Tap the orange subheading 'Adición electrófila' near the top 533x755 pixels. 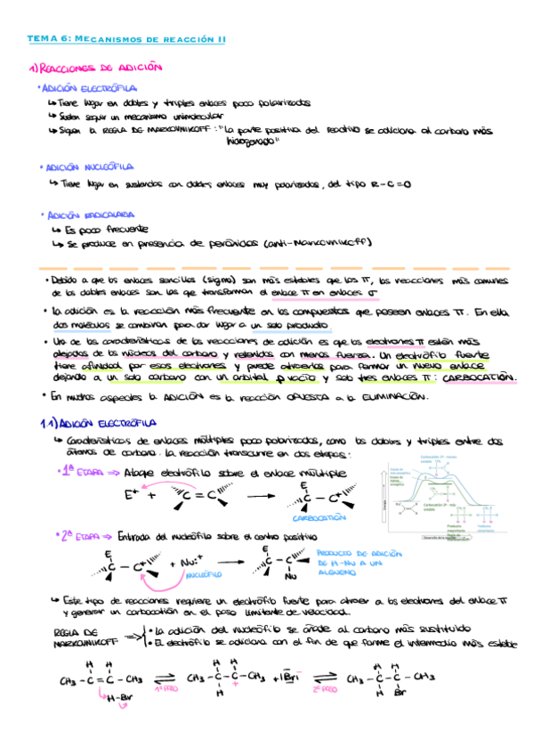(x=88, y=89)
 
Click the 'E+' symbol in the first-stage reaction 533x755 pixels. (x=133, y=492)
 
